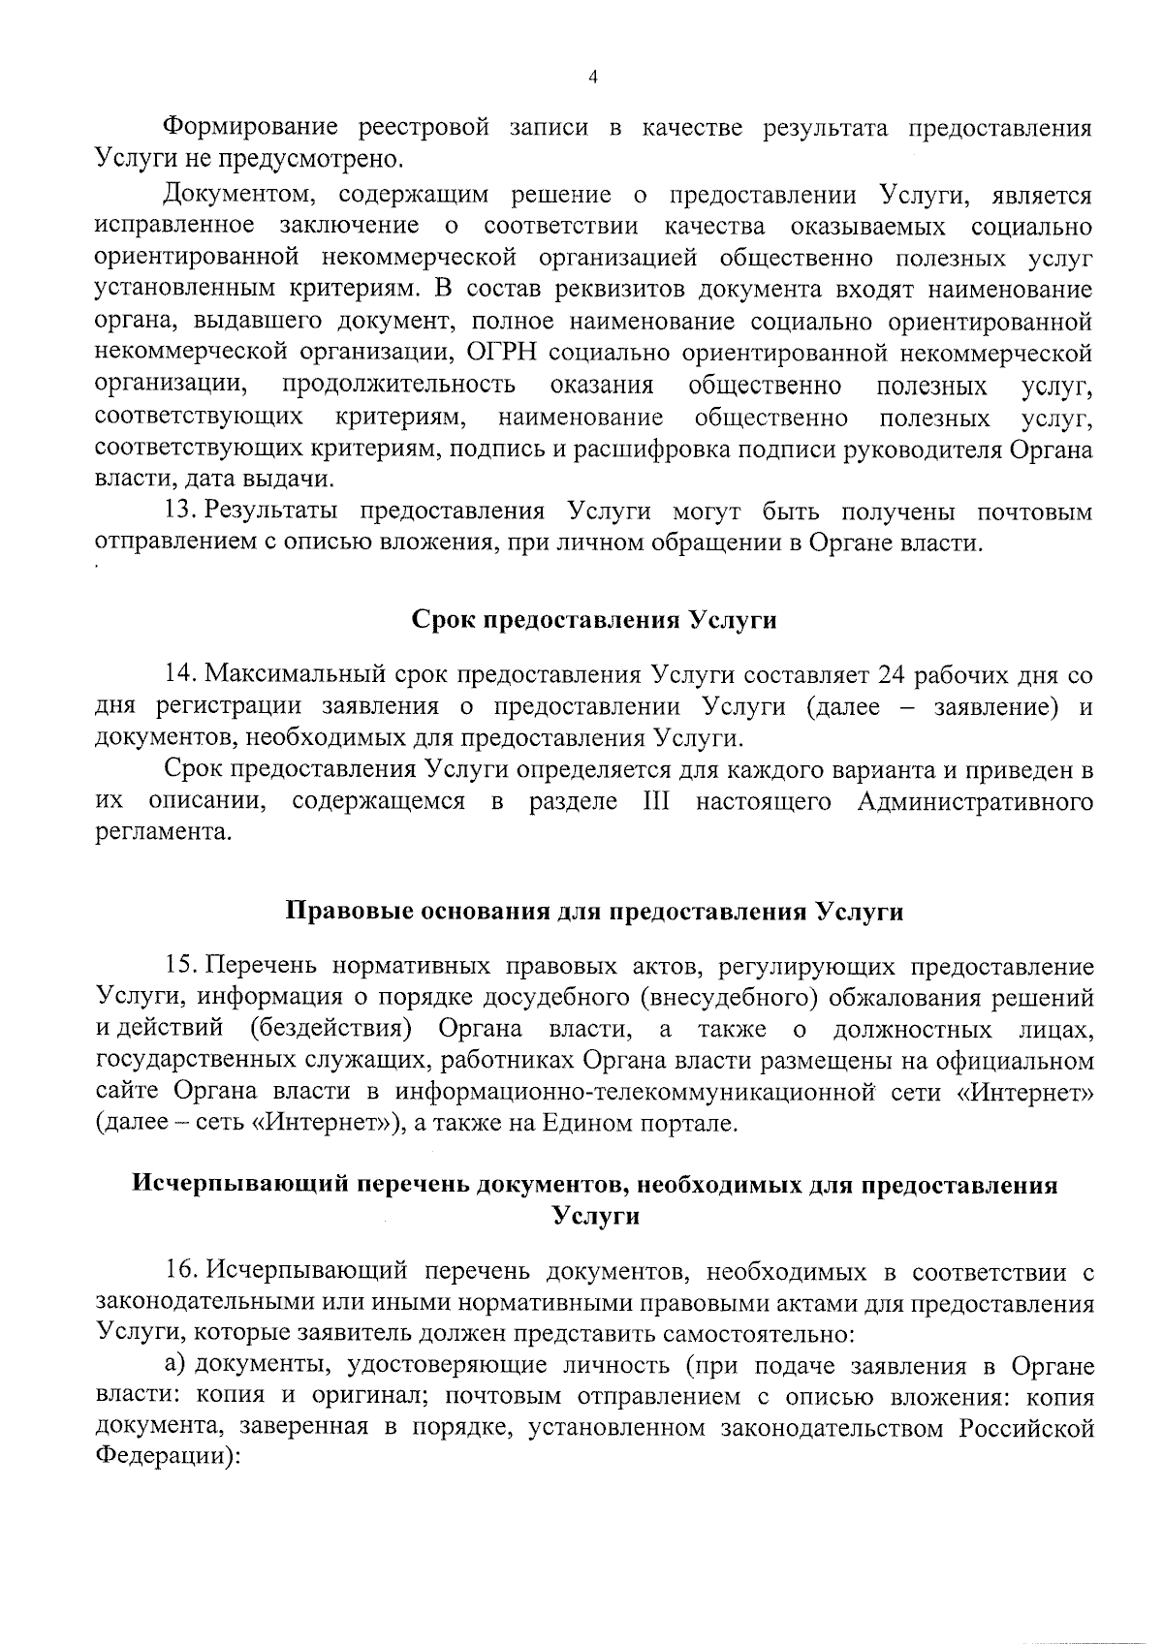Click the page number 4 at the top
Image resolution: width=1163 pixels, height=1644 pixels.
pos(592,78)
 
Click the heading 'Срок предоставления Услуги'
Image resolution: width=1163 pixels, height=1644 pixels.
pos(594,620)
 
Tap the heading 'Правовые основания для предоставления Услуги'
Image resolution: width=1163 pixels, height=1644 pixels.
pos(594,913)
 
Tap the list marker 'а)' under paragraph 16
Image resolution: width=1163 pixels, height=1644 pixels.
pos(174,1366)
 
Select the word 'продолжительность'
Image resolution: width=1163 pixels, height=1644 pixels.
pos(399,386)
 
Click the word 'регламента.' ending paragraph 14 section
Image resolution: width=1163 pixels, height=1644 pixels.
pos(164,833)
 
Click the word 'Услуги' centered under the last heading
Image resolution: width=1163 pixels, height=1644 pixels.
pos(594,1216)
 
